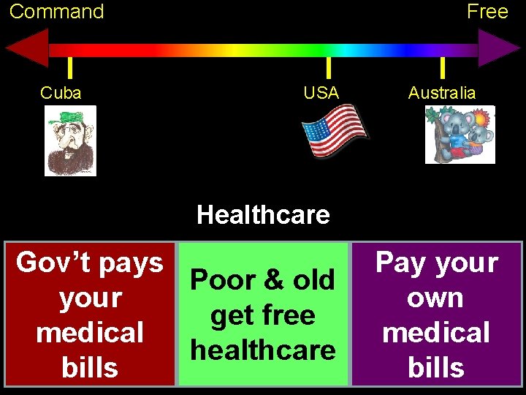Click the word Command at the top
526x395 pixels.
click(56, 12)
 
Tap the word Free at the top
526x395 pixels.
click(487, 12)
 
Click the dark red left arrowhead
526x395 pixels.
click(28, 49)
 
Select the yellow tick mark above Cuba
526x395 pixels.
click(69, 67)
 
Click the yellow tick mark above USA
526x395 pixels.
click(329, 67)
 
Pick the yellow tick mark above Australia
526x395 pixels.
click(442, 67)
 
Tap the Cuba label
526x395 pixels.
click(61, 93)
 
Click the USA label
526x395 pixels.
click(321, 93)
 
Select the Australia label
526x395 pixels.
click(442, 93)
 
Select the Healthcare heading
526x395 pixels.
click(263, 215)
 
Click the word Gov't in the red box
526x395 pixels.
click(51, 262)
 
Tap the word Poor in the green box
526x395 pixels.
click(224, 280)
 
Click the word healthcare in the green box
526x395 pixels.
click(263, 350)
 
